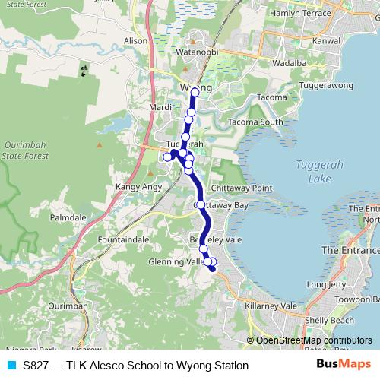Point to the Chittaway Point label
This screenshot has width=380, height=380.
click(x=241, y=188)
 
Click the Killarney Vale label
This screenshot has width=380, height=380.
click(x=271, y=305)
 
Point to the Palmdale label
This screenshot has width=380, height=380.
click(x=68, y=217)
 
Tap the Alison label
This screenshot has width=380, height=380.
click(x=135, y=40)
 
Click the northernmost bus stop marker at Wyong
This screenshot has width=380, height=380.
click(x=195, y=92)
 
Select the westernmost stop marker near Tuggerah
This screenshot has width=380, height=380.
click(x=167, y=157)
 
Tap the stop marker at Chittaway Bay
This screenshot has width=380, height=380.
click(x=199, y=205)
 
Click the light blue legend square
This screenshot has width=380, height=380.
click(x=11, y=366)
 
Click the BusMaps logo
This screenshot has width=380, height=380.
click(x=342, y=365)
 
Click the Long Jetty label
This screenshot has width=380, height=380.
click(x=327, y=284)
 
